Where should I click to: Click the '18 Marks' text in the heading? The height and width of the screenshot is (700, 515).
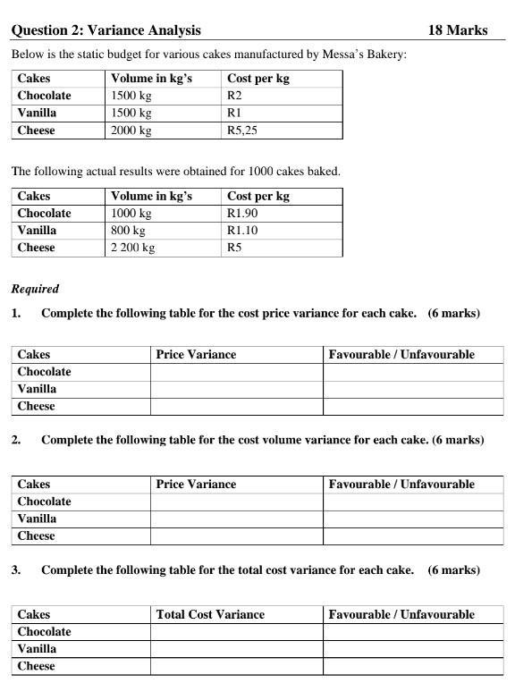pos(457,30)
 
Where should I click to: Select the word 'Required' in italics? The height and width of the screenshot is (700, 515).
pos(35,290)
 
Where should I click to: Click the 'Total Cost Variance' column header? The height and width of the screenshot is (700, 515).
pos(210,615)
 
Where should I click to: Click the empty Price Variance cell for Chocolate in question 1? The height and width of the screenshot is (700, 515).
pos(236,372)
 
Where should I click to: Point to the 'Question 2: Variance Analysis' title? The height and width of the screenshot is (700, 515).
pos(106,30)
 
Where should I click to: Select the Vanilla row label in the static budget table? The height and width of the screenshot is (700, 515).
pos(37,113)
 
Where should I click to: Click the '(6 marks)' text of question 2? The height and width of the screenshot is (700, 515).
pos(458,440)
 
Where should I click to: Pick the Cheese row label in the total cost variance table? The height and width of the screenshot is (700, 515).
pos(37,666)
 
